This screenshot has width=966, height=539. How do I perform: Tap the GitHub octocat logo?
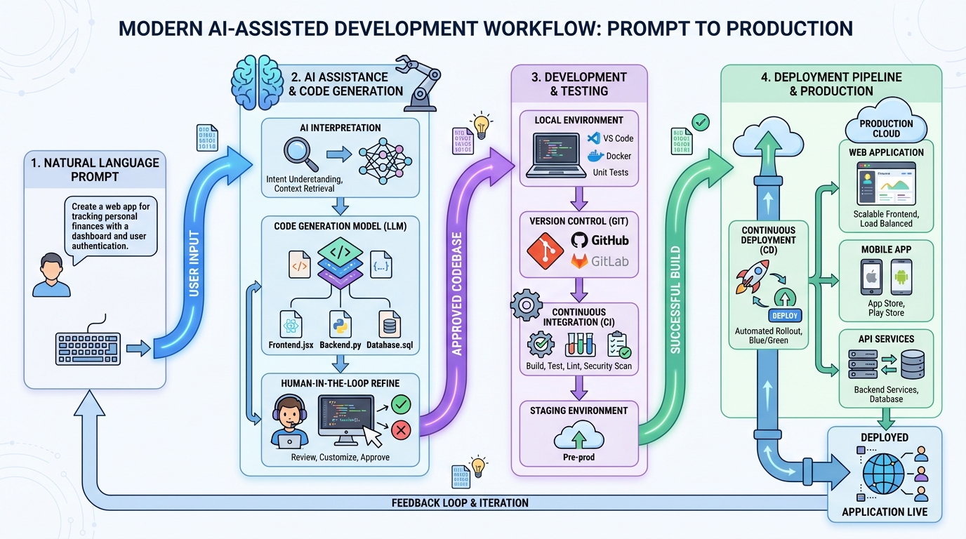point(579,240)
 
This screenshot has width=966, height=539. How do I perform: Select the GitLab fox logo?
point(579,262)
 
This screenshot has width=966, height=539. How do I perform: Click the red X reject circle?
point(401,430)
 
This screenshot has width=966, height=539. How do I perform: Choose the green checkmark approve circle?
point(401,404)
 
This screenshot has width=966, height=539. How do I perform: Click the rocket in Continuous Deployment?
point(752,277)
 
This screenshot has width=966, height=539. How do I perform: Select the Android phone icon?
point(901,277)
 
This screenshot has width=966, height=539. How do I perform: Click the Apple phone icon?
point(871,277)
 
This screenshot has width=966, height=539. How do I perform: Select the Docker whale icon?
point(594,156)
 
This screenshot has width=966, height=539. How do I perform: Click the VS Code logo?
point(593,138)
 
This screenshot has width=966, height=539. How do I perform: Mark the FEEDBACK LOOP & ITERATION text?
point(460,503)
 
